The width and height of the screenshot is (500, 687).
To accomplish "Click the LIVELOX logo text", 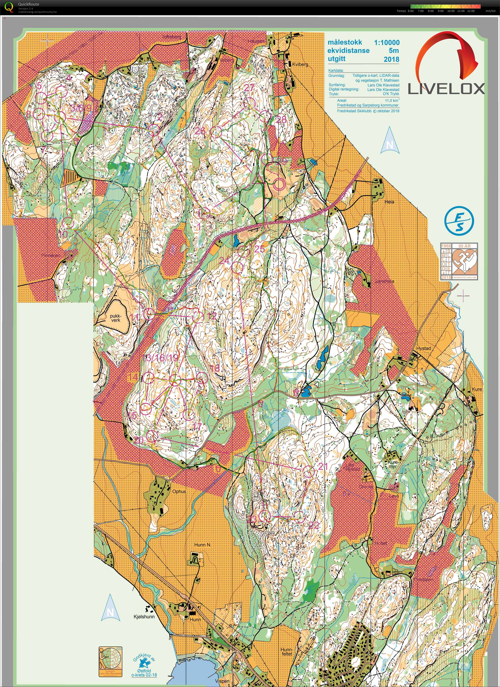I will click(x=446, y=89).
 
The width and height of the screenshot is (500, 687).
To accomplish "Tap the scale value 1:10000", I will click(x=386, y=42).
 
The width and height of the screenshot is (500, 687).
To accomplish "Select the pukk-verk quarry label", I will click(x=115, y=318).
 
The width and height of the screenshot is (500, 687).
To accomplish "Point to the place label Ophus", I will click(x=179, y=491).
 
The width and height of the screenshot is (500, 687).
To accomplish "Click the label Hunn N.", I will click(x=203, y=545).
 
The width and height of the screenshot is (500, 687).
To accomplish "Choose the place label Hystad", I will click(x=423, y=348).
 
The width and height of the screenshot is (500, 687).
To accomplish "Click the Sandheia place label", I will click(x=384, y=281).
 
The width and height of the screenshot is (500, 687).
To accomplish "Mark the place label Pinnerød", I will click(x=51, y=255).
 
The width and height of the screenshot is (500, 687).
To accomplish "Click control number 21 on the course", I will click(x=323, y=466).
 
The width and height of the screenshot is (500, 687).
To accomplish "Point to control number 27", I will click(x=249, y=88).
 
